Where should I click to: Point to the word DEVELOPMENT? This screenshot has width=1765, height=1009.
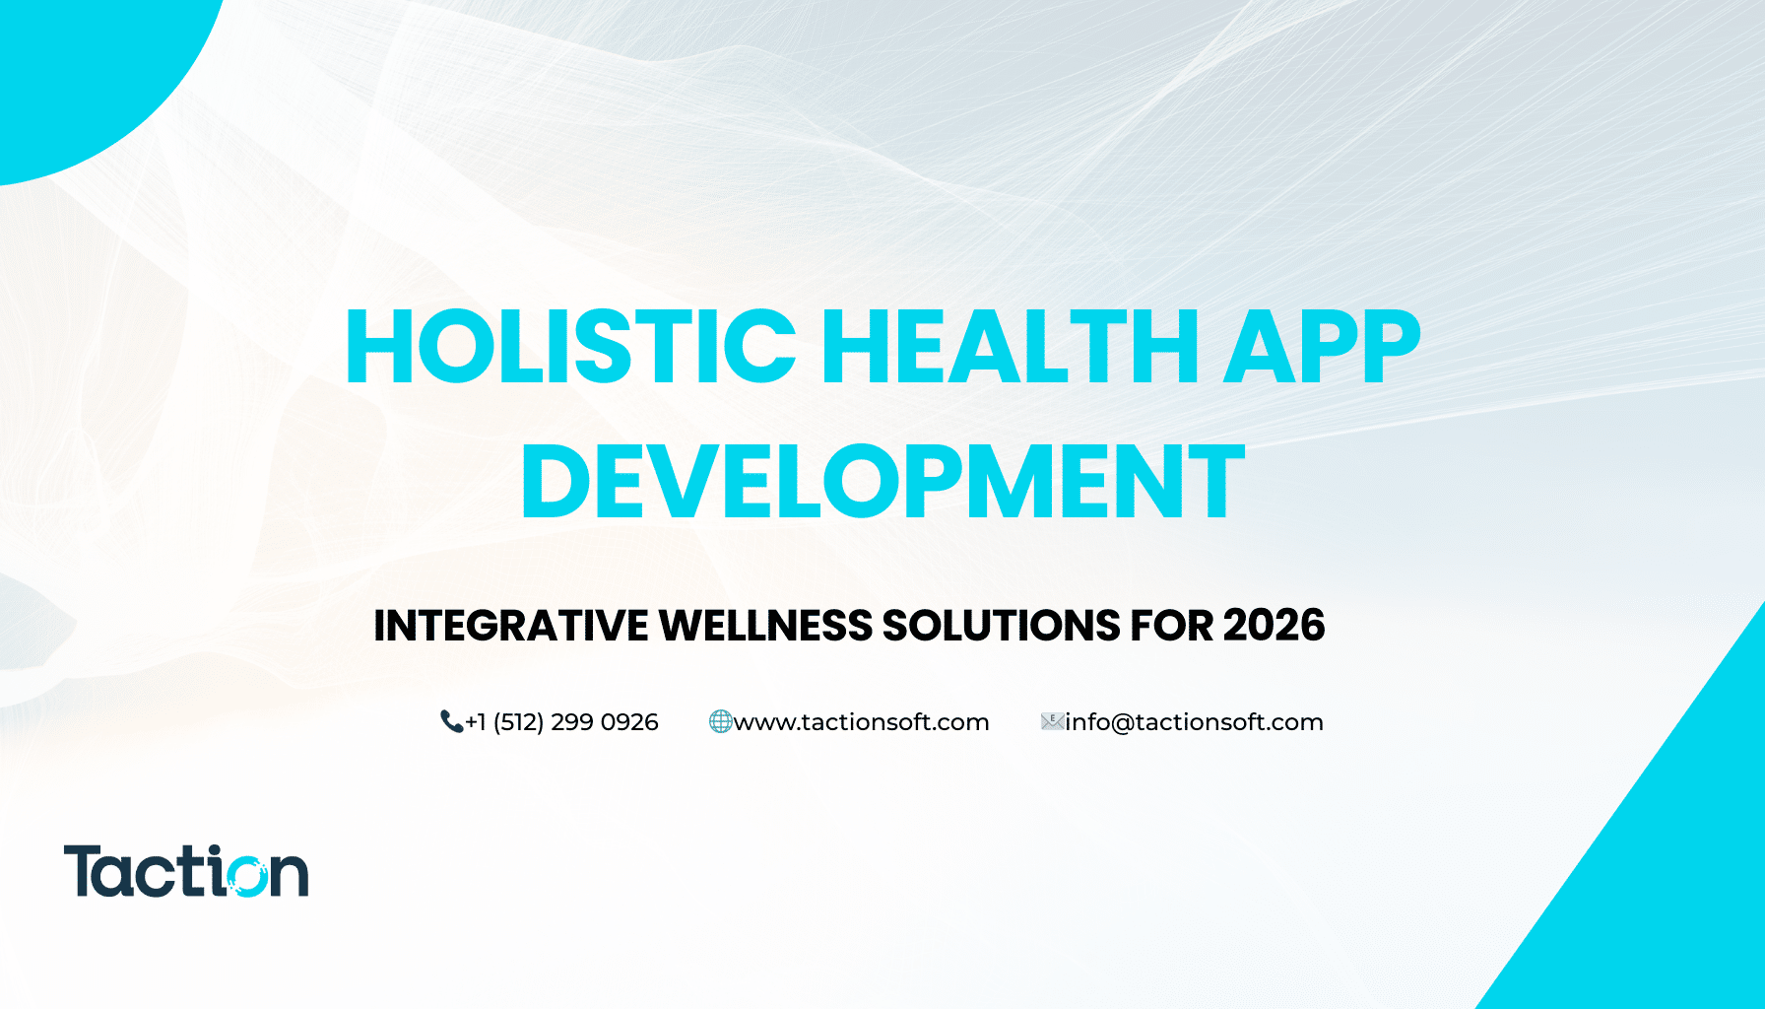click(882, 482)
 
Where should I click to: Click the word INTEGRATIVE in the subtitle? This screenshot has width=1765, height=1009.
click(510, 626)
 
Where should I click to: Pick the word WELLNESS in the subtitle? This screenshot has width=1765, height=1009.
click(765, 626)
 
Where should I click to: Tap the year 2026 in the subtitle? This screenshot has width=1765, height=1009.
click(1274, 626)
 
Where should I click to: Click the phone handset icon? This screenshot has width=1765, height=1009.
click(451, 722)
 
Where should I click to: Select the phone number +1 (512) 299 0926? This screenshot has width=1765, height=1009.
click(561, 722)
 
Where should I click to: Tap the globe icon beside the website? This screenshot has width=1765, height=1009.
click(720, 722)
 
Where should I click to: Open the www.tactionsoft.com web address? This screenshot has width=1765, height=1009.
click(861, 722)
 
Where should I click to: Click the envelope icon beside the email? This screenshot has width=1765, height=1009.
click(1052, 722)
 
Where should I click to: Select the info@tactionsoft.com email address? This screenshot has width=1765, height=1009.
click(1194, 722)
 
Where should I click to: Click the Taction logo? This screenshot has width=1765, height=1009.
click(186, 871)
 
